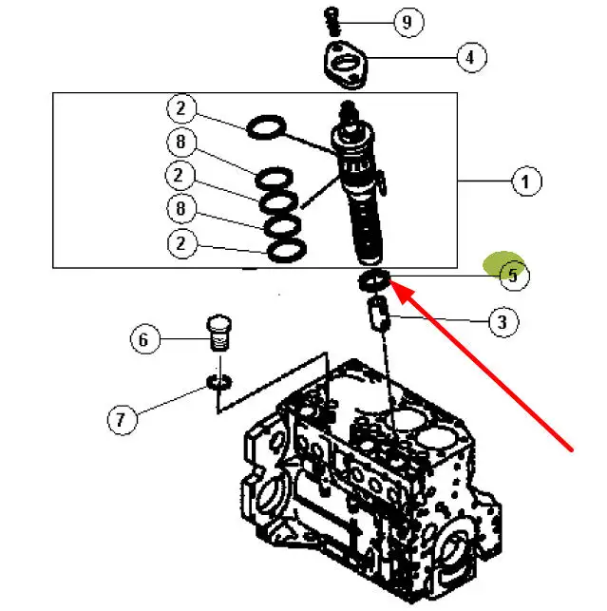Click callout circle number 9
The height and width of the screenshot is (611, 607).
pyautogui.click(x=408, y=22)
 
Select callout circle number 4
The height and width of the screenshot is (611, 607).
pyautogui.click(x=471, y=57)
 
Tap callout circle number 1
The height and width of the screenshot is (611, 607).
pyautogui.click(x=526, y=181)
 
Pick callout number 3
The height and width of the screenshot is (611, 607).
pyautogui.click(x=503, y=322)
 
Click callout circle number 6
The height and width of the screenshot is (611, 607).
pyautogui.click(x=145, y=339)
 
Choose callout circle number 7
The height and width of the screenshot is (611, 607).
pyautogui.click(x=123, y=420)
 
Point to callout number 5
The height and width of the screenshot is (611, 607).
pyautogui.click(x=514, y=276)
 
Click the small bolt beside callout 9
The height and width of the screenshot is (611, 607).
pyautogui.click(x=332, y=21)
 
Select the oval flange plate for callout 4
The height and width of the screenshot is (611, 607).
pyautogui.click(x=346, y=65)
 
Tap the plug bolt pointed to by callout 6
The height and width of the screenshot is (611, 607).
pyautogui.click(x=218, y=333)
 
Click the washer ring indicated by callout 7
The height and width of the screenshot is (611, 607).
pyautogui.click(x=219, y=382)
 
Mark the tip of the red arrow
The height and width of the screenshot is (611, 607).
pyautogui.click(x=389, y=278)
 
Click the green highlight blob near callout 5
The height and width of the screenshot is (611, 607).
pyautogui.click(x=503, y=264)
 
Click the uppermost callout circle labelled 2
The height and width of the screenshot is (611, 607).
pyautogui.click(x=181, y=108)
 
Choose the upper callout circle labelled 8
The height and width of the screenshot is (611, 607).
pyautogui.click(x=181, y=142)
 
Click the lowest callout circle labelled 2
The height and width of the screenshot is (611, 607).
pyautogui.click(x=181, y=243)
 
